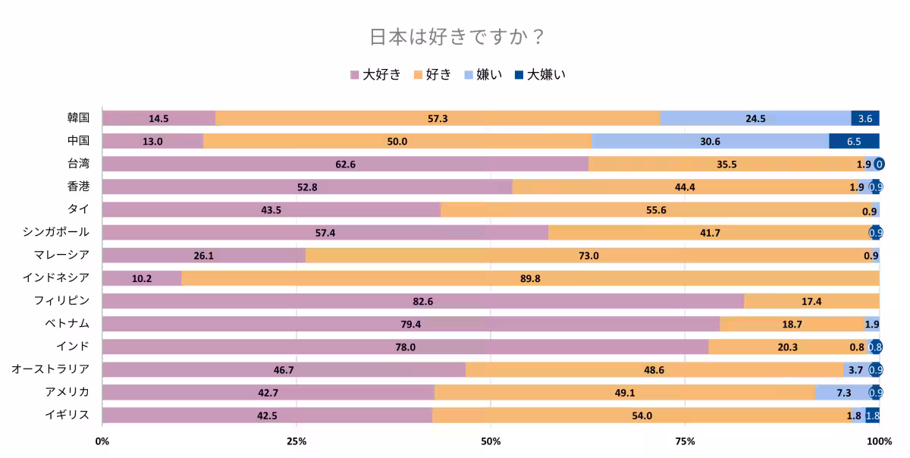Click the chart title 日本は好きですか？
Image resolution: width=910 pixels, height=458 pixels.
point(455,37)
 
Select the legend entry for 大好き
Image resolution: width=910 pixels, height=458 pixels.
point(375,74)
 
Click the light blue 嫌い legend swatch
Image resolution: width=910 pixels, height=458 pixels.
point(469,74)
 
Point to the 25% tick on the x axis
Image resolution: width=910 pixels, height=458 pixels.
point(297,441)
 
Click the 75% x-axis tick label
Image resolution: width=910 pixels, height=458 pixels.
point(685,441)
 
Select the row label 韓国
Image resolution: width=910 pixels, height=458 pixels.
point(78,118)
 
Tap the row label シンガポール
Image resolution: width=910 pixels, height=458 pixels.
point(56,232)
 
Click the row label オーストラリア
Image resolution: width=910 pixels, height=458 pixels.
point(51,369)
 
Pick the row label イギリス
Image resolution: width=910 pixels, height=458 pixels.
point(67,415)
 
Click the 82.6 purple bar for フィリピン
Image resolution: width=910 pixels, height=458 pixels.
point(422,301)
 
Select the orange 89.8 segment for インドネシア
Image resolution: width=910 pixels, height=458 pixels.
point(530,278)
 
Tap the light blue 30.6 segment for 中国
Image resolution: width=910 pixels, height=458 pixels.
point(710,141)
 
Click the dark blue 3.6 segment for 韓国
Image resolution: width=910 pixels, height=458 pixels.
point(864,118)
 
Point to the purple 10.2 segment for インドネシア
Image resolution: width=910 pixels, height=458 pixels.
point(142,278)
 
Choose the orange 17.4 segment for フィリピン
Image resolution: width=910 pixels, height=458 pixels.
point(811,301)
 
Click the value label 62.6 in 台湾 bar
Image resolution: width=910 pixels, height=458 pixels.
point(346,165)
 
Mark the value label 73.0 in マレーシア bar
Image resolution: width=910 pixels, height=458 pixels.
point(588,256)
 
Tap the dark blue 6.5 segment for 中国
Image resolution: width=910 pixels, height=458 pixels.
point(854,141)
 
